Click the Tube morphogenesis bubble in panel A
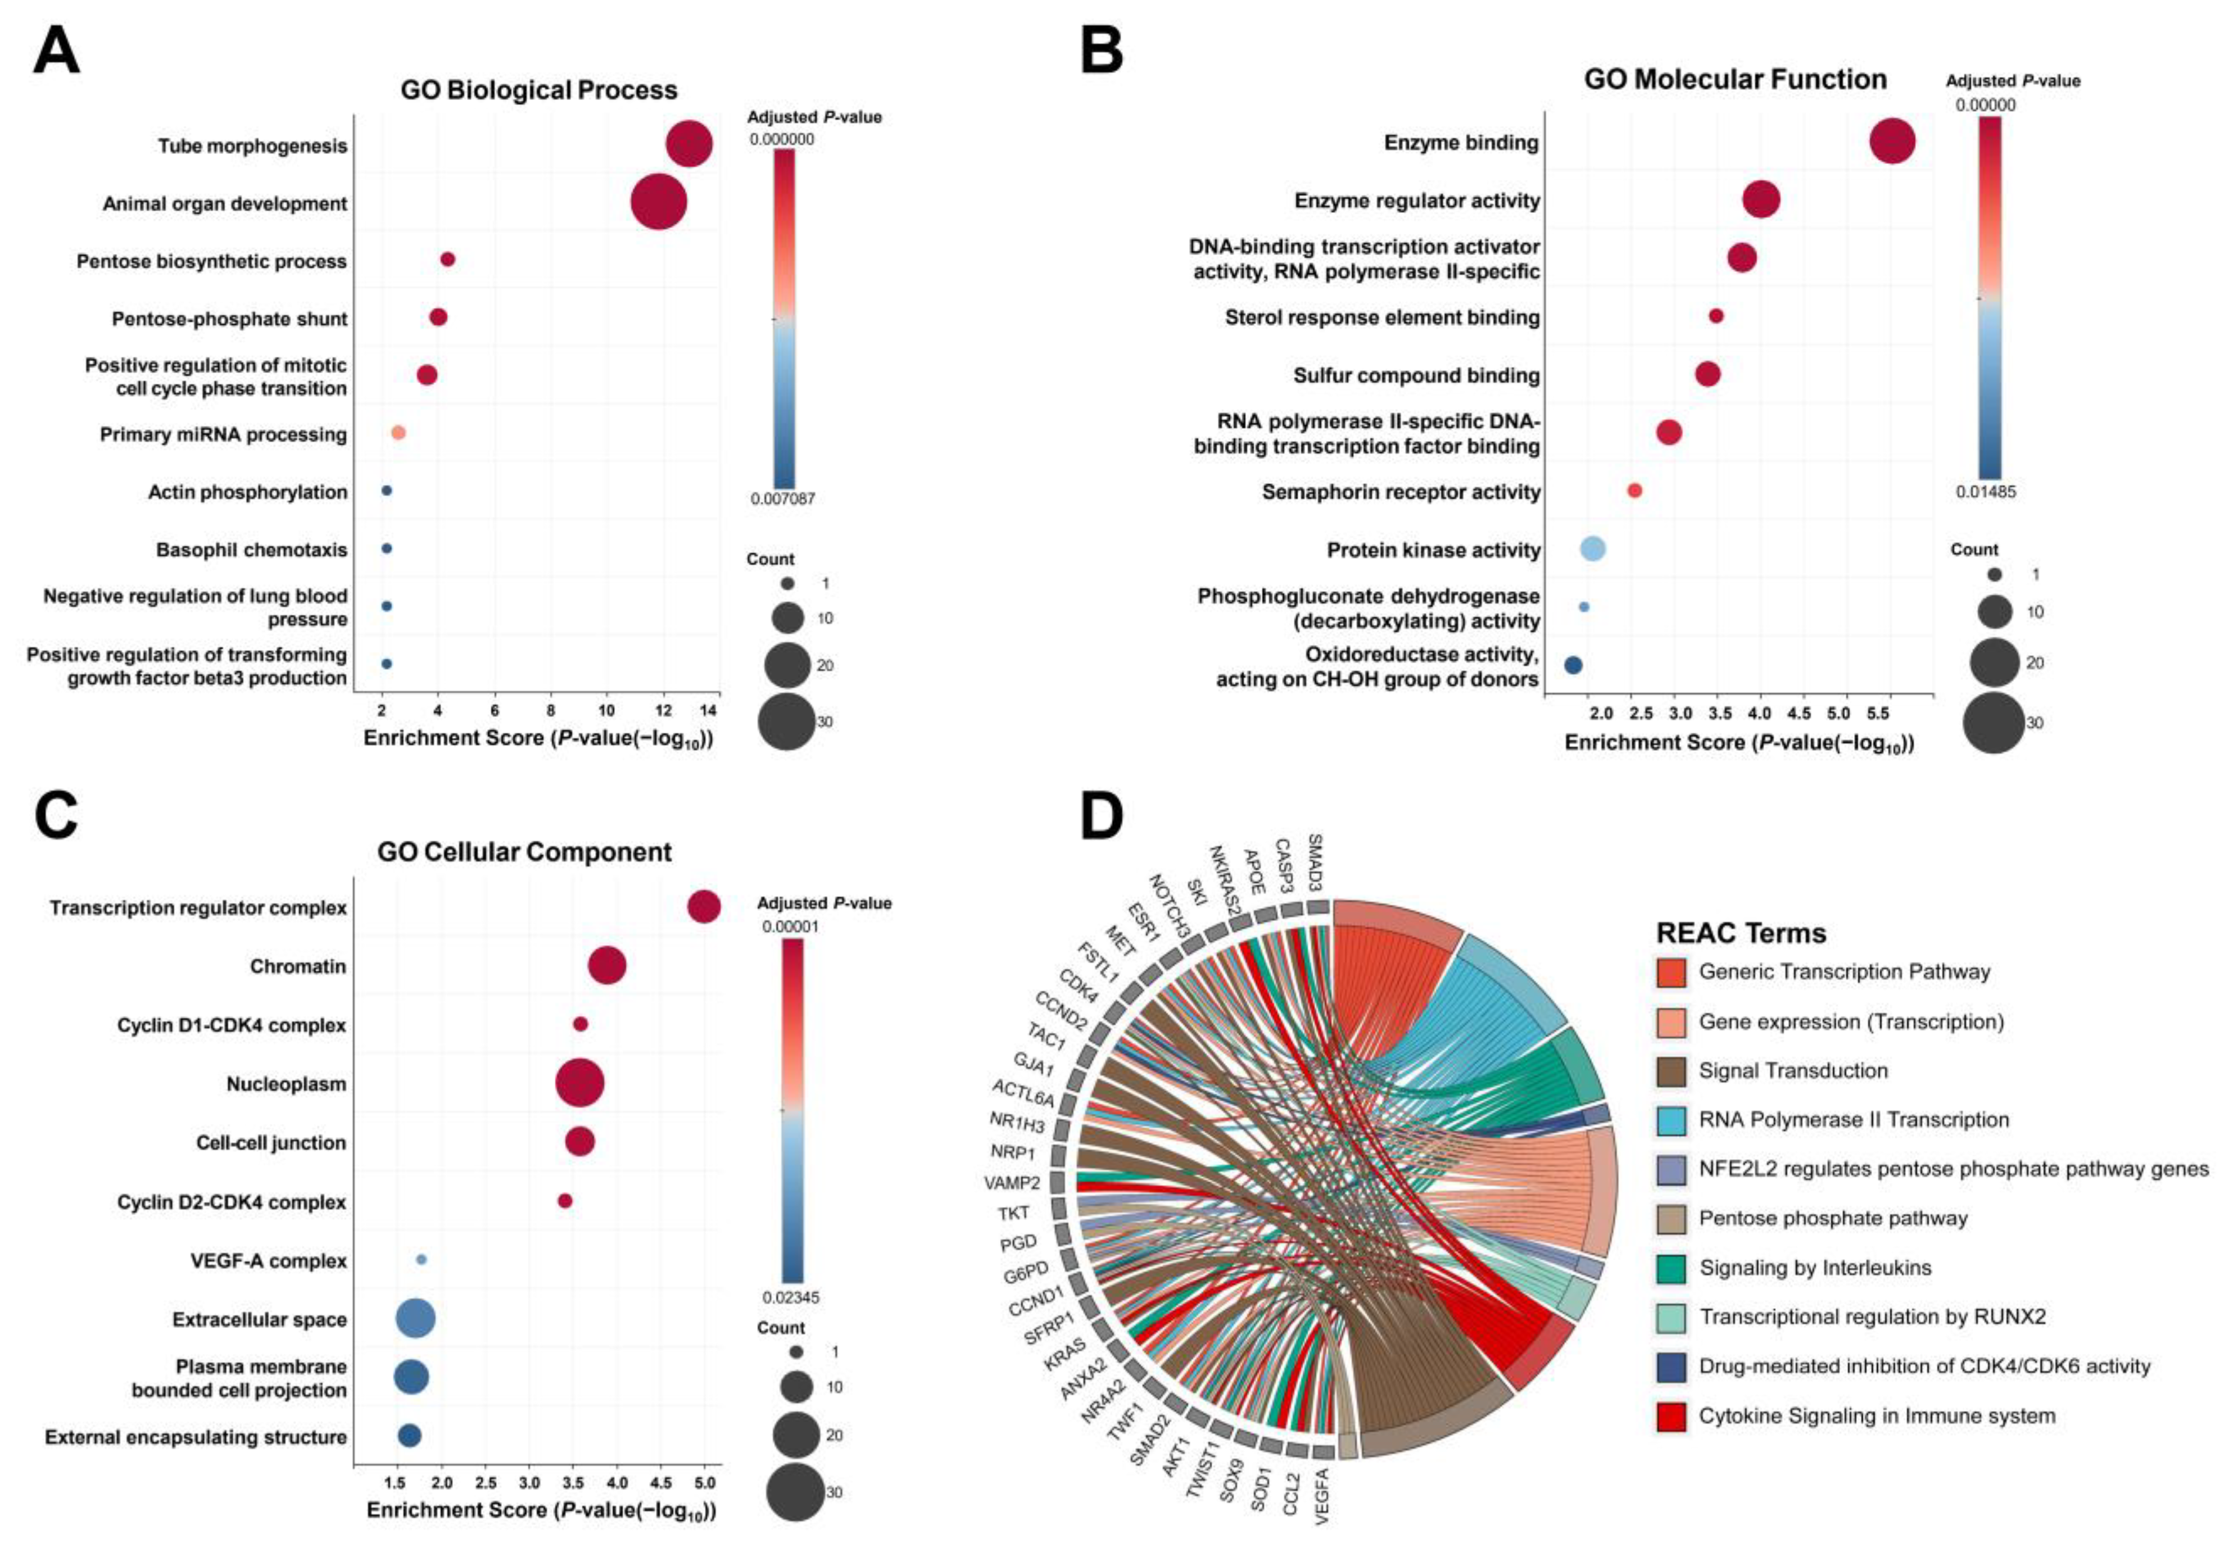(x=689, y=144)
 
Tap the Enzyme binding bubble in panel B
(x=1892, y=142)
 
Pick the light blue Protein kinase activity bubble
(x=1592, y=549)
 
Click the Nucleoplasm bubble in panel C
(x=579, y=1083)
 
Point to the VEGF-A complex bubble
(x=422, y=1259)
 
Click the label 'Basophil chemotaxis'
(x=251, y=550)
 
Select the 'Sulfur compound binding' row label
(x=1416, y=375)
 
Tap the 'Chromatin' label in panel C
(x=298, y=966)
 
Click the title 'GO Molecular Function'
(x=1735, y=79)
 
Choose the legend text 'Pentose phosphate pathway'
(x=1832, y=1218)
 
